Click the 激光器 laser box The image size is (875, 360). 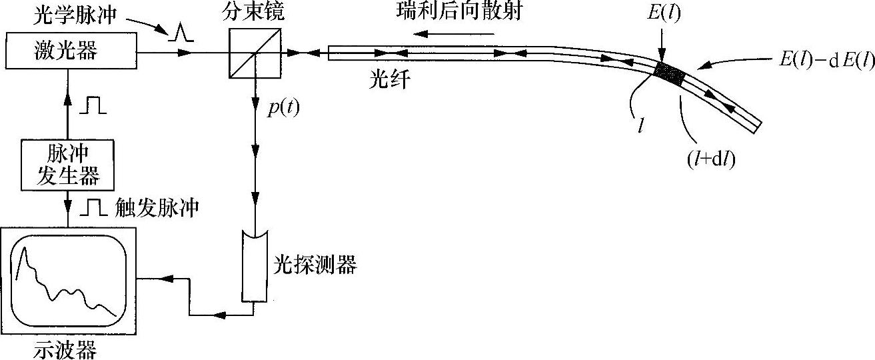(69, 50)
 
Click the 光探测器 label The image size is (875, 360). (316, 266)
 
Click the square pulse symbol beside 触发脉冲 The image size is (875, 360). (93, 209)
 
